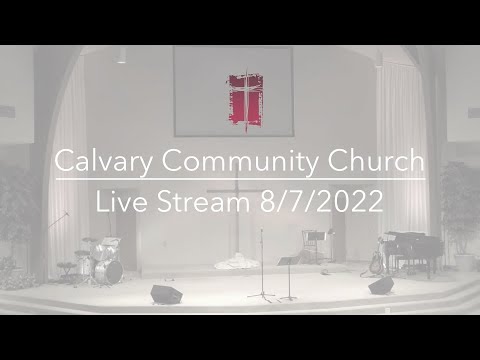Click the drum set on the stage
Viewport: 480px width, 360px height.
(102, 261)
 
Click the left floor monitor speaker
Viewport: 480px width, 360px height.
(165, 294)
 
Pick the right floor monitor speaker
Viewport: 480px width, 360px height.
(381, 286)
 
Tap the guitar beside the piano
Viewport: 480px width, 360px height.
(377, 263)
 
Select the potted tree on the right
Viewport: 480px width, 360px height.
(461, 215)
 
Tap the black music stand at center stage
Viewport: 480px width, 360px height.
(288, 265)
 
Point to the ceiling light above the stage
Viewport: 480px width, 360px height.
(121, 58)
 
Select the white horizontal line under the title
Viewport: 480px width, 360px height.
(240, 180)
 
